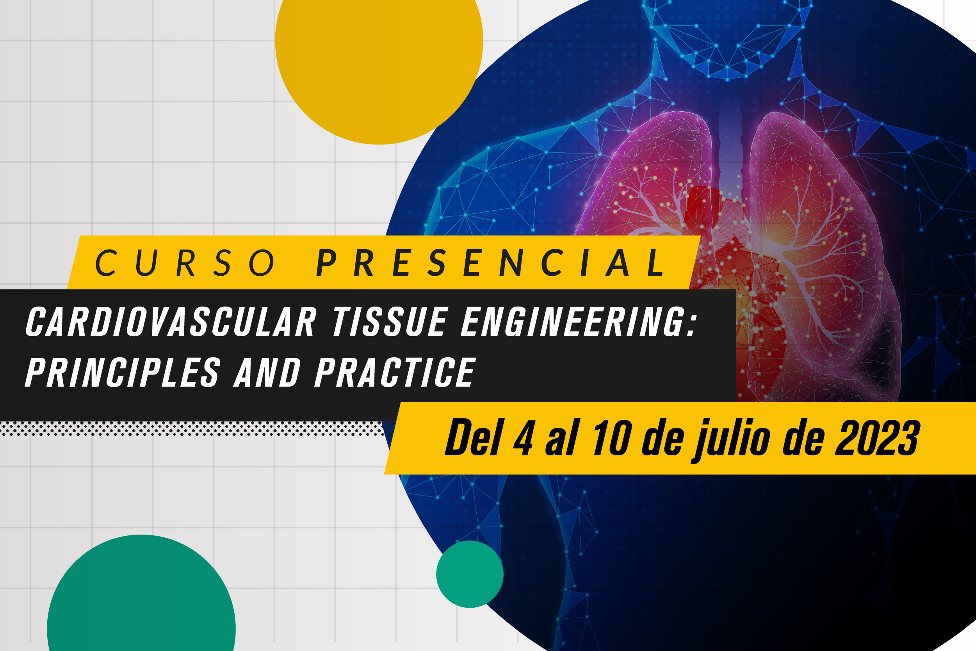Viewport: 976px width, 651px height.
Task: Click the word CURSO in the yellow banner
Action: click(185, 262)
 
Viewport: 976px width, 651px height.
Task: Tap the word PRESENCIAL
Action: click(491, 262)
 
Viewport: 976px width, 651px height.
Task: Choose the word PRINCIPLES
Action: click(123, 373)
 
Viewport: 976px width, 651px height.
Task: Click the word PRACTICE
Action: click(395, 373)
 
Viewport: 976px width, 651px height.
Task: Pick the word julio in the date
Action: click(731, 440)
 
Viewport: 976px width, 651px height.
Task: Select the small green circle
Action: click(470, 574)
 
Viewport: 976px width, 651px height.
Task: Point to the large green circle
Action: click(141, 598)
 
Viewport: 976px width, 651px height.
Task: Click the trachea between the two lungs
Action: click(731, 145)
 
